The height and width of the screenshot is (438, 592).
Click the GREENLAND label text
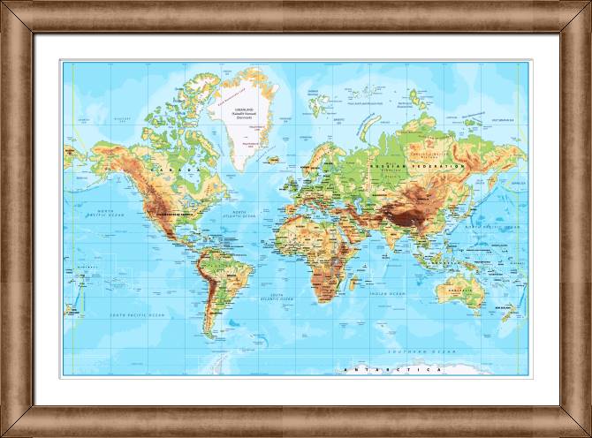pos(242,107)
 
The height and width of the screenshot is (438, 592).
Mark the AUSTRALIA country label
pos(459,290)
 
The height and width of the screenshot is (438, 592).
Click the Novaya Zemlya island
pos(362,124)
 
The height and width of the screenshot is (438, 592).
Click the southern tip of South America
pos(209,336)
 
